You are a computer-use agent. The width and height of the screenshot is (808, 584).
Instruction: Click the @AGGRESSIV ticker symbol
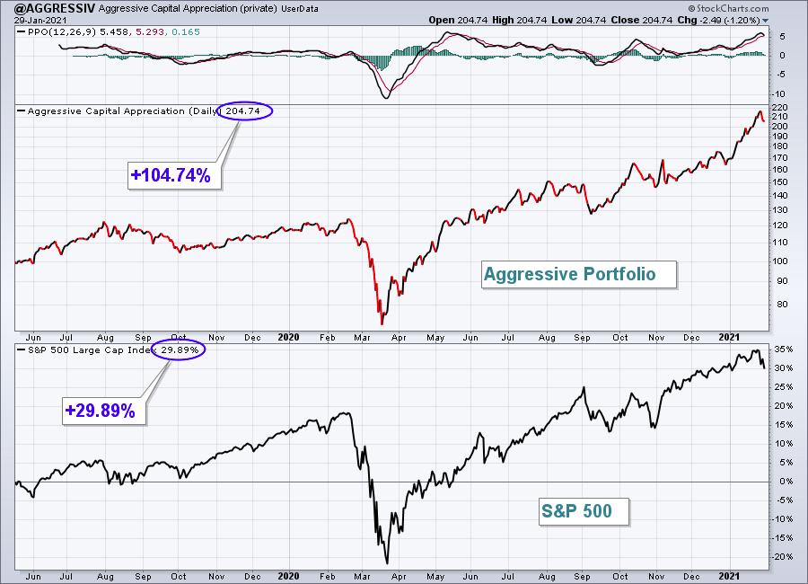pyautogui.click(x=55, y=8)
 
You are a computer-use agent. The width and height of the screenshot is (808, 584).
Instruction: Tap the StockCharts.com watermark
pyautogui.click(x=729, y=8)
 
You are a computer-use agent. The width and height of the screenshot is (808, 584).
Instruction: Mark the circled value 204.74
pyautogui.click(x=243, y=111)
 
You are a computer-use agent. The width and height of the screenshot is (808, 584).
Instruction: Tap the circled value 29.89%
pyautogui.click(x=180, y=350)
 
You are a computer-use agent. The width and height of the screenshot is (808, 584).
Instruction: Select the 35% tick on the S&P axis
pyautogui.click(x=784, y=350)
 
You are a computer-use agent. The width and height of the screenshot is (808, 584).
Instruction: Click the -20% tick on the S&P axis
pyautogui.click(x=782, y=557)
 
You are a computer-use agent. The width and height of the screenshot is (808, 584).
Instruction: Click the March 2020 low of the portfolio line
pyautogui.click(x=382, y=324)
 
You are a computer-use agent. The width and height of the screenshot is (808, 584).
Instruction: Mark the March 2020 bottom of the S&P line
pyautogui.click(x=386, y=563)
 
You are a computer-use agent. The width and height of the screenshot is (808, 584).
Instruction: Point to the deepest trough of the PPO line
pyautogui.click(x=386, y=98)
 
